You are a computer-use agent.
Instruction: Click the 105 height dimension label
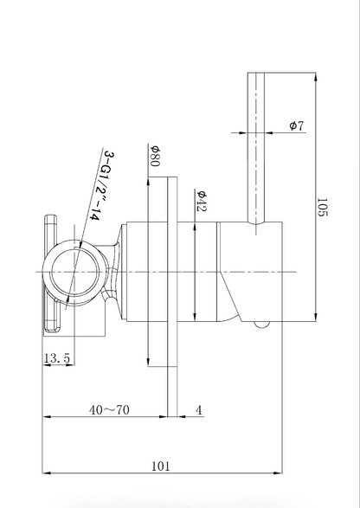point(323,208)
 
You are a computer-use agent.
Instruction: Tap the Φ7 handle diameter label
point(297,125)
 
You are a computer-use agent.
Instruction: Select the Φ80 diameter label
point(155,156)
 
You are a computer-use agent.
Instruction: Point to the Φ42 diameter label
point(202,201)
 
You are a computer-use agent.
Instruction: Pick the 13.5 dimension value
point(57,358)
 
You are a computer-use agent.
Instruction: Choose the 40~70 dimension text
point(109,410)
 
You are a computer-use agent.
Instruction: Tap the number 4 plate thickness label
point(199,410)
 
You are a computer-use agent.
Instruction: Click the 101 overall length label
point(161,466)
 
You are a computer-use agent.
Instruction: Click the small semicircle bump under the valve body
point(262,325)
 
